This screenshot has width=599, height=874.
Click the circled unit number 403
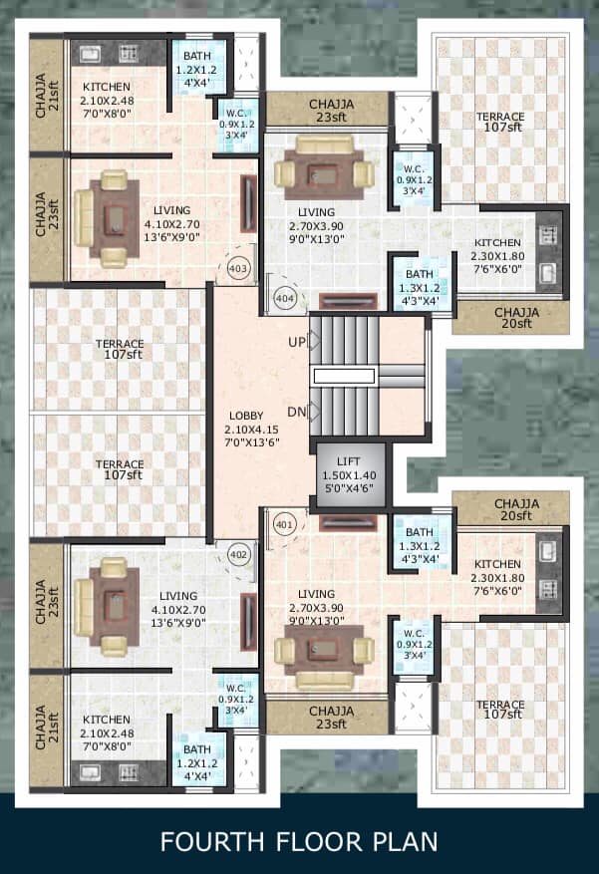(238, 269)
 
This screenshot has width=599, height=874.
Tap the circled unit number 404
(285, 298)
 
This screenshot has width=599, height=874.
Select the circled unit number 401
(284, 525)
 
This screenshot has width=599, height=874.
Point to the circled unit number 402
(238, 555)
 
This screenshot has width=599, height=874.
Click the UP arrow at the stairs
(314, 341)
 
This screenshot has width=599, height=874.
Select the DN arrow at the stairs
(314, 412)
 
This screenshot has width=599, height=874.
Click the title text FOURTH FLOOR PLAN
(299, 842)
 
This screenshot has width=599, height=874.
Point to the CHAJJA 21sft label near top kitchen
(47, 96)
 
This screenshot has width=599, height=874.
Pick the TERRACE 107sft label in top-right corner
(499, 122)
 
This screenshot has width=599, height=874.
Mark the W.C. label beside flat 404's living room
(414, 179)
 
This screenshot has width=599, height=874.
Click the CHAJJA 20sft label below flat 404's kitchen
(516, 317)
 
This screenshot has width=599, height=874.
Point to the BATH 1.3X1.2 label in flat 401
(419, 546)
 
